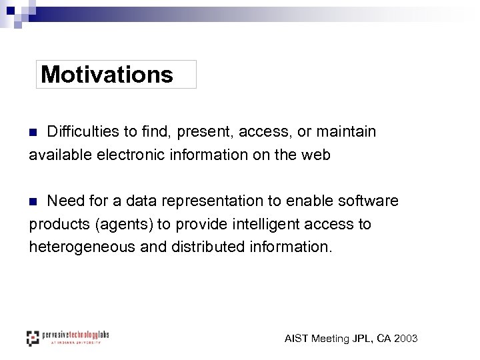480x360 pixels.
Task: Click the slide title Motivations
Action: pos(107,75)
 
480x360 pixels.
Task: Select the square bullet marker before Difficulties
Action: pos(34,133)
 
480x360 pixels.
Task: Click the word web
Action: pos(316,155)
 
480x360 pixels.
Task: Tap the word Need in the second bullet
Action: pos(66,201)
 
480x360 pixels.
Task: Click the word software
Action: pos(369,201)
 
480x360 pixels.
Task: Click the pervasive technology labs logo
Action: pos(67,337)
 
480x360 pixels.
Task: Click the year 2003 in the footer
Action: pos(405,339)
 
